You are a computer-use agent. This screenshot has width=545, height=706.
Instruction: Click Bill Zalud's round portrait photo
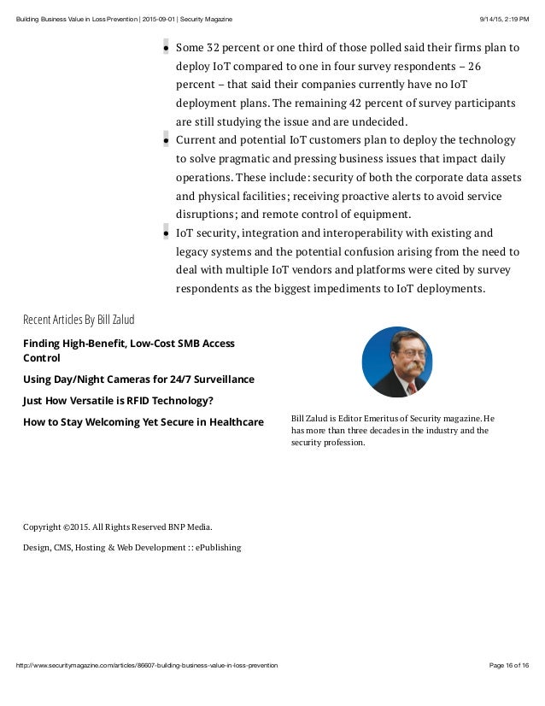397,362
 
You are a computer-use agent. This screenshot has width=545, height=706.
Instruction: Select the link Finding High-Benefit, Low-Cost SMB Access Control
128,350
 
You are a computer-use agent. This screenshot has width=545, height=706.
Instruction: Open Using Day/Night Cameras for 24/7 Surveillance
138,379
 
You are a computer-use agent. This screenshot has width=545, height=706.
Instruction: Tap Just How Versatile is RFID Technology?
117,400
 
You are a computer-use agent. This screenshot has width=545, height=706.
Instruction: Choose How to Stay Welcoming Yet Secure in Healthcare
143,421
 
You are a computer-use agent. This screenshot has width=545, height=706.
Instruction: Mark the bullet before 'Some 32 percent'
165,49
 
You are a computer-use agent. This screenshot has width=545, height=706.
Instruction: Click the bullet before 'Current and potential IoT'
165,139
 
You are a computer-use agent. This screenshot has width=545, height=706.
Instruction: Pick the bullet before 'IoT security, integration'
165,232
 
